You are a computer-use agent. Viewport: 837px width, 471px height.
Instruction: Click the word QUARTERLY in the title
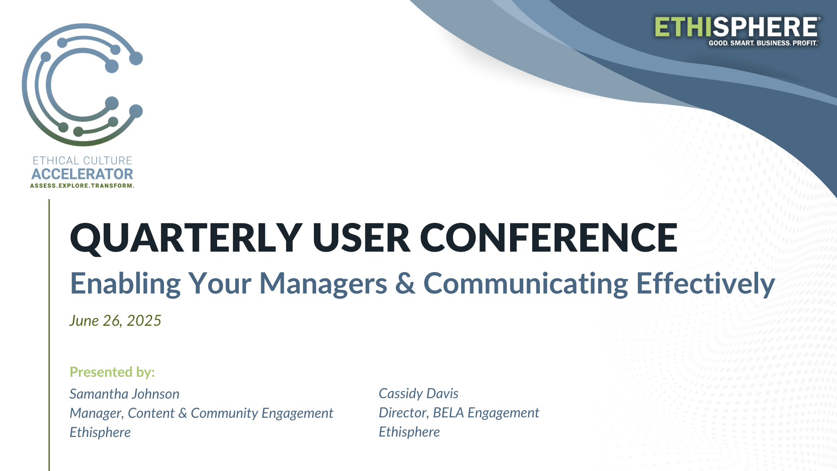[186, 238]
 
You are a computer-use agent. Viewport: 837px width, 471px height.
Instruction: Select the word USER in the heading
[361, 238]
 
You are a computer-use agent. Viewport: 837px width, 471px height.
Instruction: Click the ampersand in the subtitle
[405, 283]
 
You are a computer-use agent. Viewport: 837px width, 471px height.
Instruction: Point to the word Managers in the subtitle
[323, 284]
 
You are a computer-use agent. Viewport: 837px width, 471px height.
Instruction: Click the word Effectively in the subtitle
[705, 283]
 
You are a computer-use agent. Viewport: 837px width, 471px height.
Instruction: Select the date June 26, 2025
[115, 321]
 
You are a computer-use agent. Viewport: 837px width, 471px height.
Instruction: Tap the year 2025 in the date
[144, 321]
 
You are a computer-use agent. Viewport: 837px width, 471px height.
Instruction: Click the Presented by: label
[112, 372]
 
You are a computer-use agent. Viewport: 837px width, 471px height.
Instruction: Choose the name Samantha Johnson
[124, 394]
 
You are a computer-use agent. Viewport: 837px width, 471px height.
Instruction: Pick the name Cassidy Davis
[418, 393]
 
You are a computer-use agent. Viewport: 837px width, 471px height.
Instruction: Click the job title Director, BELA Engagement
[459, 413]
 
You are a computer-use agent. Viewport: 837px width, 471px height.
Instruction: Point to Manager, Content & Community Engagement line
[201, 413]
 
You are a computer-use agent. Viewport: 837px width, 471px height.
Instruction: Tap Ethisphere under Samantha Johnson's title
[100, 432]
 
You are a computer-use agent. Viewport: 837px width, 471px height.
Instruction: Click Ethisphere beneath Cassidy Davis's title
[409, 432]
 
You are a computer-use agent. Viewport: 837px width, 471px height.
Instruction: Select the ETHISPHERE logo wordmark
[737, 27]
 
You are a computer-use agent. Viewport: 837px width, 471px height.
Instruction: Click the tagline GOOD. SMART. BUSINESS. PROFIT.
[763, 43]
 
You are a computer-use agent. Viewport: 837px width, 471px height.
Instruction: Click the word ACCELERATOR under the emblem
[82, 174]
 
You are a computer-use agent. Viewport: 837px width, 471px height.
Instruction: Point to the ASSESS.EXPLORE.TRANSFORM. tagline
[82, 186]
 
